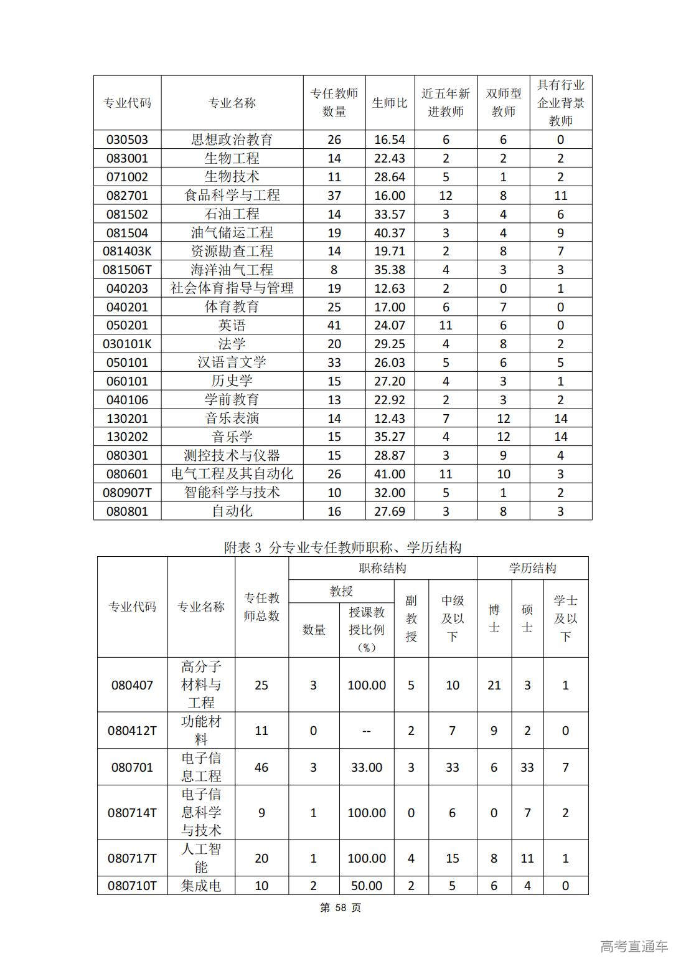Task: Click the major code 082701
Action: coord(127,196)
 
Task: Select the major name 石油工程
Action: coord(232,214)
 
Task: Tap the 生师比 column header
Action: coord(390,103)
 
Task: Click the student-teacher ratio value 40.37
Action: coord(390,233)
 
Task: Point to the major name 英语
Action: coord(232,325)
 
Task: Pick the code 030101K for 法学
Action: coord(127,344)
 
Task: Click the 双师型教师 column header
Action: coord(504,103)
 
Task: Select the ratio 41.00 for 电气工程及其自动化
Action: coord(390,474)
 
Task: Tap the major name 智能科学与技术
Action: coord(232,493)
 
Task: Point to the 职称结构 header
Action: coord(382,568)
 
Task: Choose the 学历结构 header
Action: coord(532,568)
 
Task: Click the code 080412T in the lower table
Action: coord(132,731)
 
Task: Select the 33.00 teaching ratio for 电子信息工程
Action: coord(366,767)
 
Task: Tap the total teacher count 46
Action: coord(261,767)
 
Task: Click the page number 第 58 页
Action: coord(341,907)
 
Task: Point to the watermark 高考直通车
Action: coord(634,946)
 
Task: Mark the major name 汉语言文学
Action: coord(232,362)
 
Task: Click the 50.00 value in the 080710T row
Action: coord(366,886)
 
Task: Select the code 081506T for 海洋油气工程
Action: coord(127,270)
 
